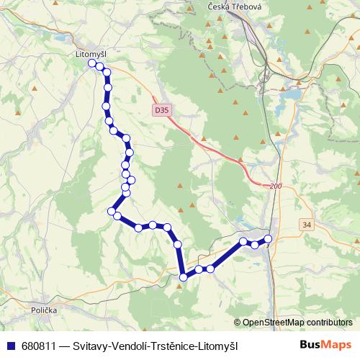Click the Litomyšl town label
[91, 53]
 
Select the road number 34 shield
[307, 225]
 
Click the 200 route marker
[275, 186]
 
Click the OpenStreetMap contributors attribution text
[297, 322]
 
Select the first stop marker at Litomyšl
[92, 63]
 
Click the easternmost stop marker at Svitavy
[269, 238]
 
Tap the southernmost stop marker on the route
[184, 276]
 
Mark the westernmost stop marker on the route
[92, 63]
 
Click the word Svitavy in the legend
[86, 346]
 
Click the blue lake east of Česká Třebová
[291, 94]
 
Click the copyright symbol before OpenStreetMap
[238, 323]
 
